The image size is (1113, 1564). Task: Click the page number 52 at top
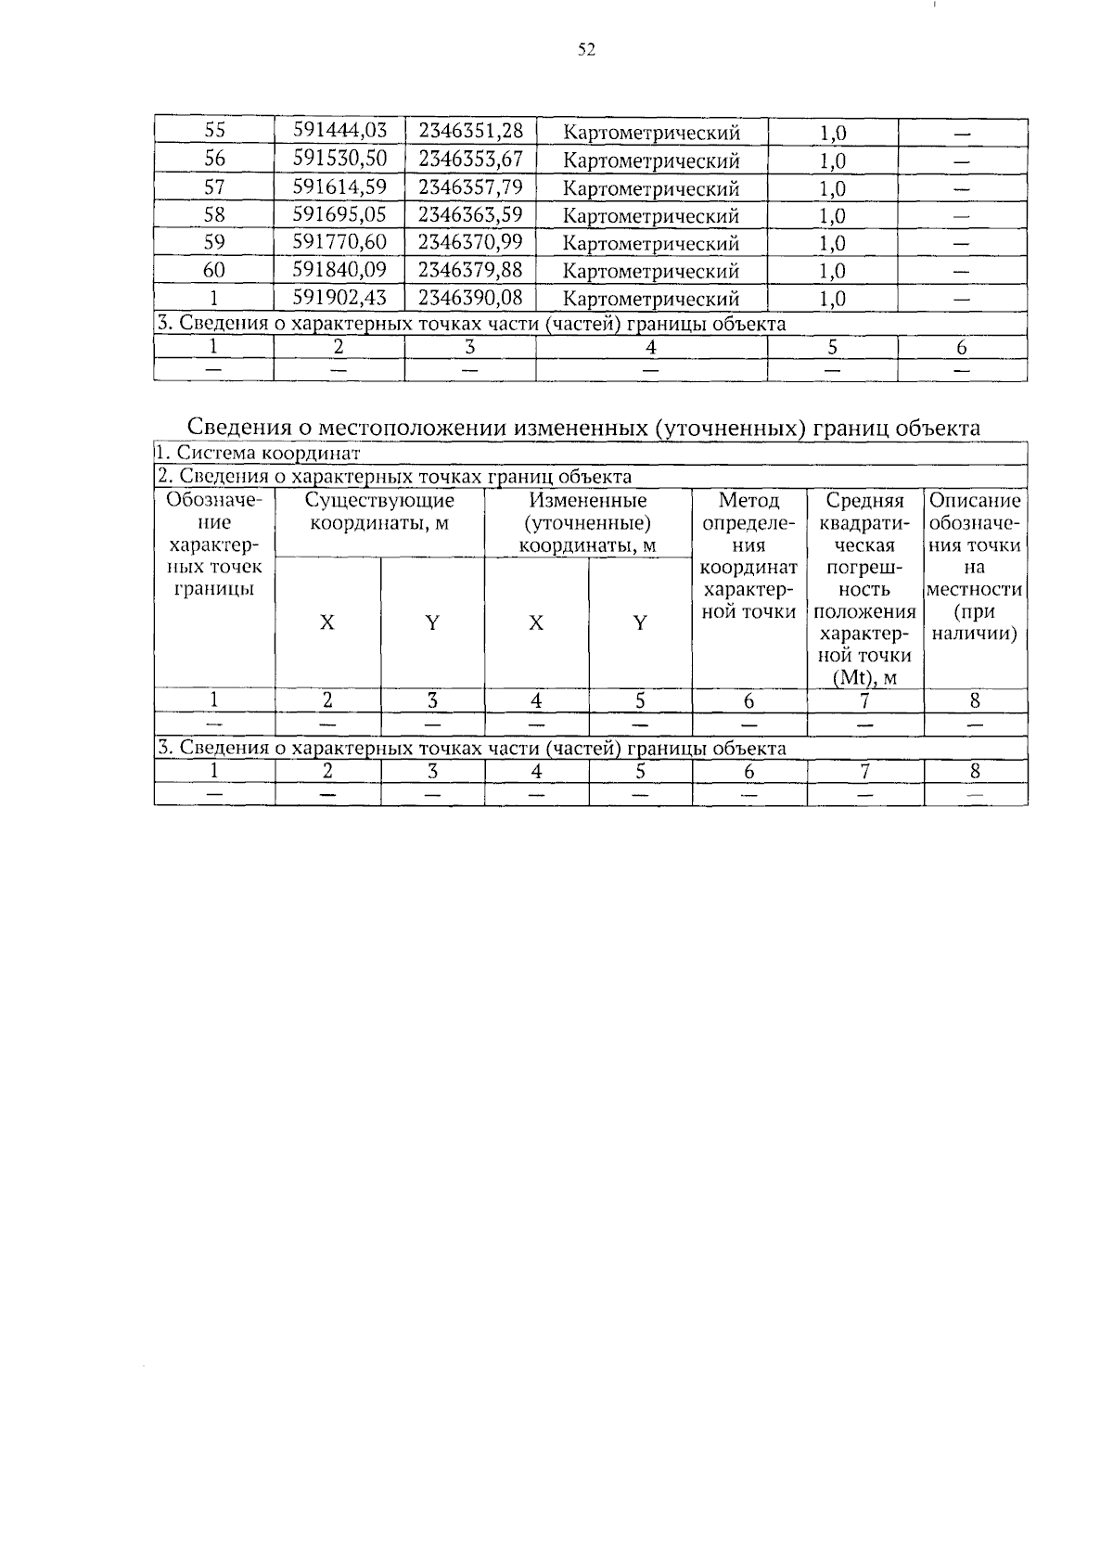click(x=585, y=50)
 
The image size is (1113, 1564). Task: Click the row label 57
click(x=214, y=187)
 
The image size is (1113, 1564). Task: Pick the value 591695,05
click(x=339, y=215)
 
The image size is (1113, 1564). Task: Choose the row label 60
click(x=214, y=271)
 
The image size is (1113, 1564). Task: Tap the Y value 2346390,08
click(x=470, y=298)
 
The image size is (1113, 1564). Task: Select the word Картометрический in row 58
click(x=651, y=216)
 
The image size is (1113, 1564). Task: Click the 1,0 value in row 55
click(x=833, y=133)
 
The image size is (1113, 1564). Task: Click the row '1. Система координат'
click(x=258, y=454)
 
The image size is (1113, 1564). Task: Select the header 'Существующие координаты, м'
click(x=379, y=512)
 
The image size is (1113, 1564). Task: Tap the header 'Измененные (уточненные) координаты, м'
click(x=588, y=523)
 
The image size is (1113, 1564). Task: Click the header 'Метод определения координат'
click(x=749, y=556)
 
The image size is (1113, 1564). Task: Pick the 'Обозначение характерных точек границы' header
click(x=214, y=545)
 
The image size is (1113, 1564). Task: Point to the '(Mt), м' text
click(x=865, y=678)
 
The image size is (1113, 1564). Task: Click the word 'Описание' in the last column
click(x=975, y=501)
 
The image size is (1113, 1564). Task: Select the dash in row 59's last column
click(x=962, y=245)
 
